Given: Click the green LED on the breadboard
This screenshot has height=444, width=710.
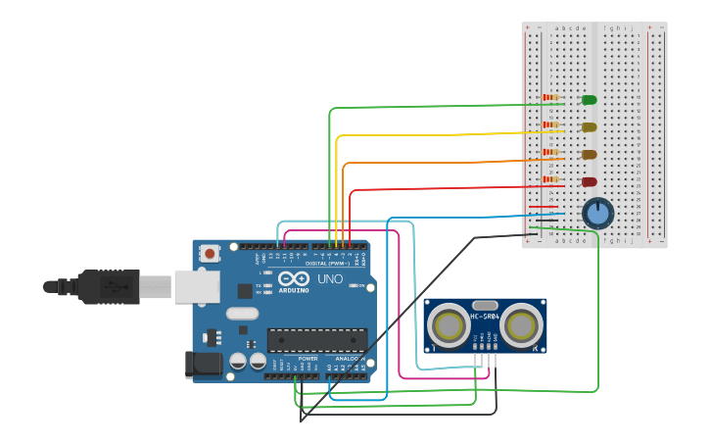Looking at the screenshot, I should pos(589,100).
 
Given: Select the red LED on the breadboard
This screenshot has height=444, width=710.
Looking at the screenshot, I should pos(589,182).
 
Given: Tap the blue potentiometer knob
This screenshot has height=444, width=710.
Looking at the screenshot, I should pos(597,213).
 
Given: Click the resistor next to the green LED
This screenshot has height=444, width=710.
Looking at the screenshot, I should pos(550,98).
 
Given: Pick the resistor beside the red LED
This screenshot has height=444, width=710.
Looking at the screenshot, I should pos(550,179).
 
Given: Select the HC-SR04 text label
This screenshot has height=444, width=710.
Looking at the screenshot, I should pos(485,315).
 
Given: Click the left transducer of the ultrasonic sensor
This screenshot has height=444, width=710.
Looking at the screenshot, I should pos(450,325).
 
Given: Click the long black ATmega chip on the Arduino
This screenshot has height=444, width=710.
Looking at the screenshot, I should pos(317,339).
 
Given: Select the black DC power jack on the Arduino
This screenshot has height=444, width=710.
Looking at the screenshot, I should pos(204,364).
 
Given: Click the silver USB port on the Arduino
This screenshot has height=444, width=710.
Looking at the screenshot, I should pos(196,286).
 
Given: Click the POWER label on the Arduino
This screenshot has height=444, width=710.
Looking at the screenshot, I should pos(308,359).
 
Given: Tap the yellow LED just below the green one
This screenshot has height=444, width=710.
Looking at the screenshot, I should pos(589,127).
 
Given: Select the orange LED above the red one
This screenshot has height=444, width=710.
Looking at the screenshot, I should pos(589,155).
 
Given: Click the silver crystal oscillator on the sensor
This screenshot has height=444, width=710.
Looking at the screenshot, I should pos(485,306).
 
